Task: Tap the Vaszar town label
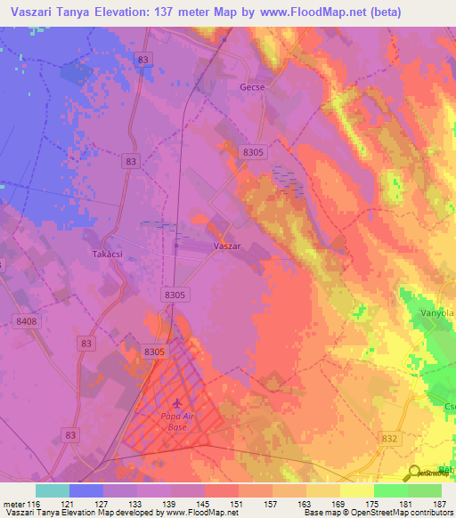228,245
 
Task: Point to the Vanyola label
437,314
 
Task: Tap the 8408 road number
27,320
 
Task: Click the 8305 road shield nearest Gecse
254,152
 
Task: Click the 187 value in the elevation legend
439,504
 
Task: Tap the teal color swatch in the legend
53,490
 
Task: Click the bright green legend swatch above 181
390,490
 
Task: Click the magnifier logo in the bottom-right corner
415,473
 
